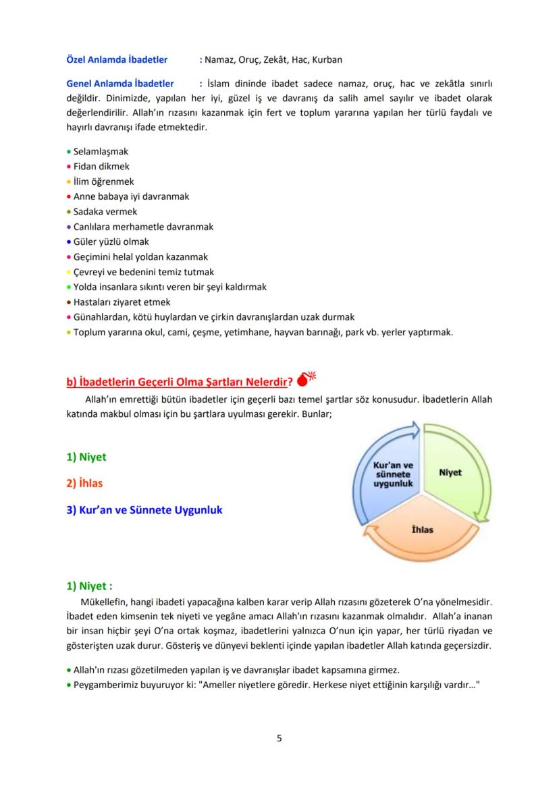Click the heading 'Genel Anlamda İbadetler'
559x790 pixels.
(x=119, y=84)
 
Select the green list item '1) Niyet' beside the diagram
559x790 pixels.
(x=86, y=457)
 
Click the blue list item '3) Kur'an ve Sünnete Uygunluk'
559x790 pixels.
(x=144, y=510)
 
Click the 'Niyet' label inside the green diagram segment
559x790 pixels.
(x=450, y=472)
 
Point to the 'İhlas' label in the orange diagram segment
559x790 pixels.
(x=422, y=529)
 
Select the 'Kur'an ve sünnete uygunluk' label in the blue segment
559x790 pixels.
(x=393, y=474)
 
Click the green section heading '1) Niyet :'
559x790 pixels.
(x=89, y=586)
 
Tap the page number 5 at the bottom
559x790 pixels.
(x=279, y=738)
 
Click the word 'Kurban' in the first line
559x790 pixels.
(x=327, y=59)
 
